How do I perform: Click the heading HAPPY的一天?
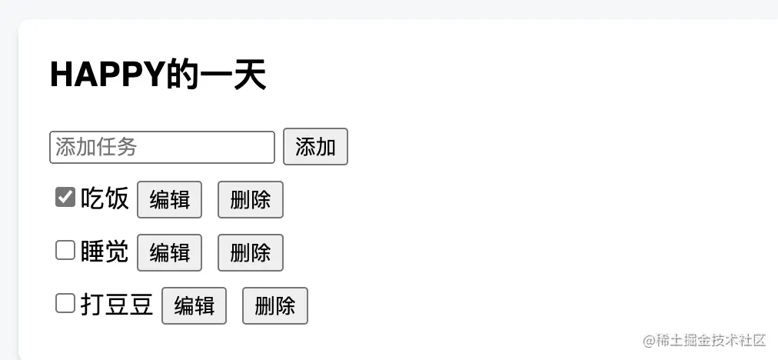point(158,75)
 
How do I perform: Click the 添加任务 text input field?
point(161,147)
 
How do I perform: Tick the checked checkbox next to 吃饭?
point(65,198)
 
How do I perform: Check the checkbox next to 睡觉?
point(65,251)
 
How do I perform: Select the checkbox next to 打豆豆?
point(65,304)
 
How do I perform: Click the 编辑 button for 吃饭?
point(169,200)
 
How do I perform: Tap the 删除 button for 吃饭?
point(251,200)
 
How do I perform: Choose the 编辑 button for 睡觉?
point(169,253)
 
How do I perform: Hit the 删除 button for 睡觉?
point(251,253)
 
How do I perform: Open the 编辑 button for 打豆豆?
point(194,306)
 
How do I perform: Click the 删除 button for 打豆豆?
point(275,306)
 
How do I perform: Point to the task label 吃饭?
point(105,199)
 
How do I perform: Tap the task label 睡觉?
point(105,252)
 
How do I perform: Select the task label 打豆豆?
point(117,305)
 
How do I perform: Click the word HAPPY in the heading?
point(107,75)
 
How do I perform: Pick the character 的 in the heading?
point(181,75)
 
